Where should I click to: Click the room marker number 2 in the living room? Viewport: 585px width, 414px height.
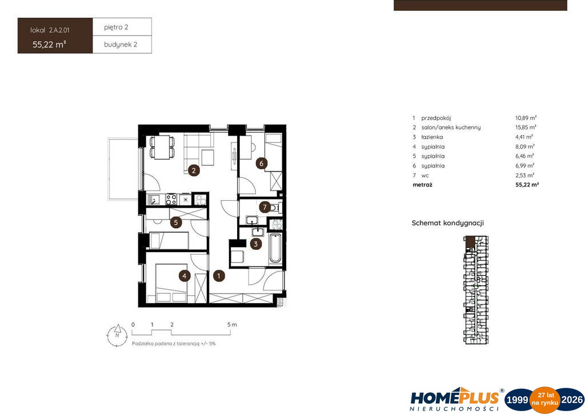pyautogui.click(x=193, y=170)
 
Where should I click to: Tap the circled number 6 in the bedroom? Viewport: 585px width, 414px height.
pyautogui.click(x=262, y=163)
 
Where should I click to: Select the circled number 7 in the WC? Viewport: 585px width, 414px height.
pyautogui.click(x=265, y=207)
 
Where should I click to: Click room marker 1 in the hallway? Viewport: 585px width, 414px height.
pyautogui.click(x=219, y=276)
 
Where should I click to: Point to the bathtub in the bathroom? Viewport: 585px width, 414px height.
pyautogui.click(x=275, y=248)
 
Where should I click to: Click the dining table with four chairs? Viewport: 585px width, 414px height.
pyautogui.click(x=162, y=147)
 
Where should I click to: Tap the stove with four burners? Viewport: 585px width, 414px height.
pyautogui.click(x=171, y=199)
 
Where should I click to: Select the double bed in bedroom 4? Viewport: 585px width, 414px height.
pyautogui.click(x=171, y=283)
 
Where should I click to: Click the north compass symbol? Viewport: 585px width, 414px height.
pyautogui.click(x=117, y=335)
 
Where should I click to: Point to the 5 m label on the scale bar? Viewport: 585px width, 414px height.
pyautogui.click(x=232, y=324)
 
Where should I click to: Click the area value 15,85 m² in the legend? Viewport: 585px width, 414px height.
pyautogui.click(x=526, y=128)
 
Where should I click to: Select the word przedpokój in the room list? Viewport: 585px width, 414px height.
pyautogui.click(x=436, y=118)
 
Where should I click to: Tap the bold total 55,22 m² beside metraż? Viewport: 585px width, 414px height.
pyautogui.click(x=527, y=185)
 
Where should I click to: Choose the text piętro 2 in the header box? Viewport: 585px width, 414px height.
pyautogui.click(x=116, y=27)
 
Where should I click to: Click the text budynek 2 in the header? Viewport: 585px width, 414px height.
pyautogui.click(x=121, y=45)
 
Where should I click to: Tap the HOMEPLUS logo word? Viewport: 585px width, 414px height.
pyautogui.click(x=454, y=398)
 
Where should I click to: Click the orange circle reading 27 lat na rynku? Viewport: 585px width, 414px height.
pyautogui.click(x=545, y=400)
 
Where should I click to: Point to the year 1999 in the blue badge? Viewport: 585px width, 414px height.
pyautogui.click(x=518, y=400)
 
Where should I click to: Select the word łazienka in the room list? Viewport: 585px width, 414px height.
pyautogui.click(x=432, y=137)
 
